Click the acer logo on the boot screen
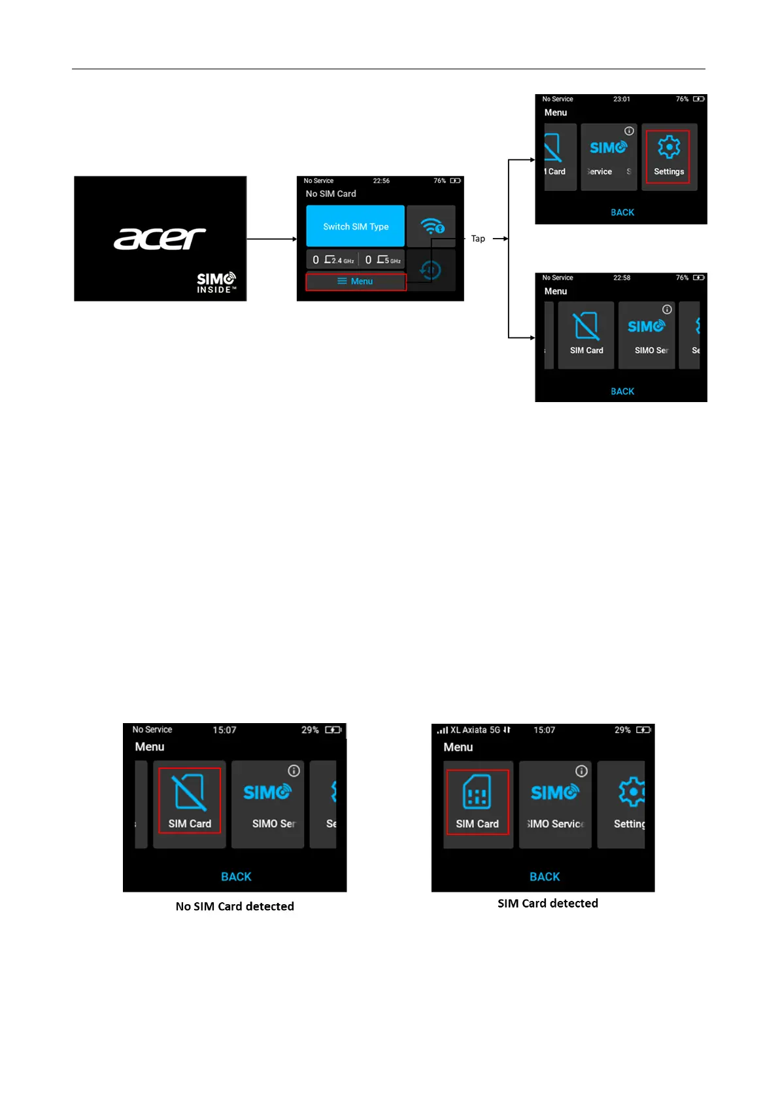(160, 239)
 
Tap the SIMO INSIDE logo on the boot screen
(216, 282)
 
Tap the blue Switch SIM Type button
(355, 226)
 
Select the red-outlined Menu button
(356, 282)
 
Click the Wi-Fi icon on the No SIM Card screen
(431, 226)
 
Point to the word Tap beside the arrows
(478, 239)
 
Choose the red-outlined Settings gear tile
(668, 156)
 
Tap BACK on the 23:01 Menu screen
(622, 212)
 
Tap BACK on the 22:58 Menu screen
(622, 391)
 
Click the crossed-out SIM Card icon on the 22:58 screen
(586, 326)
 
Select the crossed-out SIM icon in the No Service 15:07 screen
(190, 792)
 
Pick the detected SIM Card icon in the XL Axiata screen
(477, 793)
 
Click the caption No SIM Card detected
(235, 906)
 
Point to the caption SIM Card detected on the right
(548, 903)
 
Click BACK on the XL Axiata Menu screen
(545, 877)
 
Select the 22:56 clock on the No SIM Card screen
(381, 181)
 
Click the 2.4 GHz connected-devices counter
(333, 260)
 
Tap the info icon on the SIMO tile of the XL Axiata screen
(581, 771)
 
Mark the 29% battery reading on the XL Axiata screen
(622, 730)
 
